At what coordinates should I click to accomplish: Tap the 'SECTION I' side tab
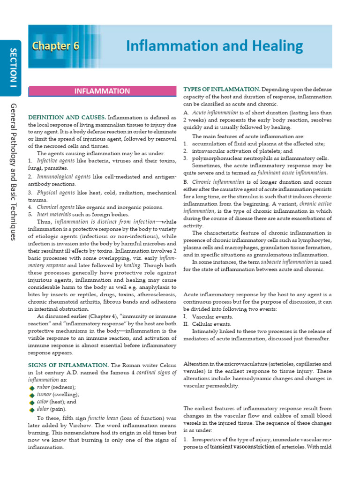[13, 67]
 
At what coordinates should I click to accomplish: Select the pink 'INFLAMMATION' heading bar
[102, 91]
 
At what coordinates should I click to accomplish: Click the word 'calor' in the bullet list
[44, 402]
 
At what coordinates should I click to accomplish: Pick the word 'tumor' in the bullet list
[45, 395]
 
